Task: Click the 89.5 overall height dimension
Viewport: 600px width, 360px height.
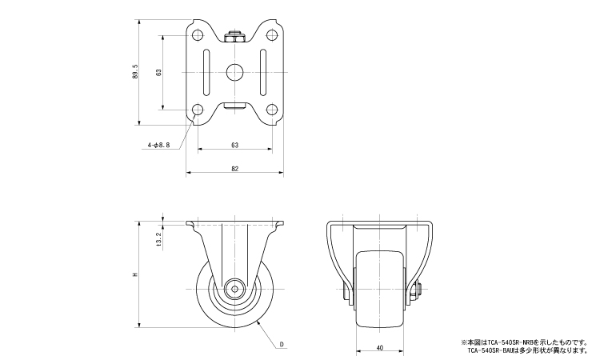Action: click(x=137, y=72)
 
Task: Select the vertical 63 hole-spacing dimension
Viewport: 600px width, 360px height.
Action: click(x=160, y=72)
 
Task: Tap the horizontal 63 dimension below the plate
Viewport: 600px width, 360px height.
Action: click(x=234, y=146)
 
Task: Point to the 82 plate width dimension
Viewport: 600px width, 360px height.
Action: click(x=234, y=169)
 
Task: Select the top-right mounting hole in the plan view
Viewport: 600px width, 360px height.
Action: click(x=271, y=35)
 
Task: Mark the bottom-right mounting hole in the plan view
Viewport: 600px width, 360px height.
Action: click(x=271, y=110)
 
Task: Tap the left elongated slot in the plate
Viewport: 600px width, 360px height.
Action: click(x=207, y=72)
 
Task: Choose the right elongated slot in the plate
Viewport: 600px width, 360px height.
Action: click(x=262, y=72)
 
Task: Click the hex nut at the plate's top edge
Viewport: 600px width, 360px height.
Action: click(x=234, y=37)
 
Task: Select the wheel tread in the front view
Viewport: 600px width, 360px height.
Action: click(x=380, y=288)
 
